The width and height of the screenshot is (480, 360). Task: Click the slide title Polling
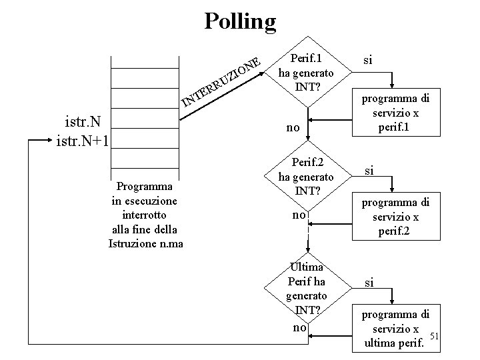click(239, 21)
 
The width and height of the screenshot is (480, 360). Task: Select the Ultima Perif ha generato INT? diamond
click(307, 287)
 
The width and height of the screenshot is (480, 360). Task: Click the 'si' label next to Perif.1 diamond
click(368, 60)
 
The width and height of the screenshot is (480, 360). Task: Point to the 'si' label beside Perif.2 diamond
click(367, 170)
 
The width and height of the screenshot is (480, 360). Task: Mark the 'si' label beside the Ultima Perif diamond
click(367, 283)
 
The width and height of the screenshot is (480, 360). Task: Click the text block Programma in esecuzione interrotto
click(145, 215)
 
